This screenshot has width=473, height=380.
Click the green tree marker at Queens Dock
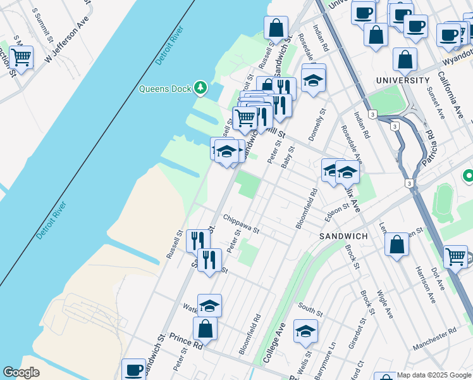pos(200,87)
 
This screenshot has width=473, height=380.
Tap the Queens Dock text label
pos(165,89)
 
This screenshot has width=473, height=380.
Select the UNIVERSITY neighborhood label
pos(402,80)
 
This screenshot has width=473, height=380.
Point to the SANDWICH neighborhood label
pos(343,236)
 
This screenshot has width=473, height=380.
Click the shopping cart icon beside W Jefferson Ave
pos(21,57)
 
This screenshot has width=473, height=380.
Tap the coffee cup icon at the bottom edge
pos(134,369)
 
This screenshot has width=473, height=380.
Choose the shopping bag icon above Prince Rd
pos(205,329)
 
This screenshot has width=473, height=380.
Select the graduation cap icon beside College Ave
pos(305,331)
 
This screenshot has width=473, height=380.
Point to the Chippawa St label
pos(241,224)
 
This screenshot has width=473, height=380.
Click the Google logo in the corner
pos(21,372)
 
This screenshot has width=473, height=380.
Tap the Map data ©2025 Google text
pos(434,375)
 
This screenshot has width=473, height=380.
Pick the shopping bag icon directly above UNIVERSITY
pos(405,60)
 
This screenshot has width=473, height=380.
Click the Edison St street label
pos(336,208)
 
